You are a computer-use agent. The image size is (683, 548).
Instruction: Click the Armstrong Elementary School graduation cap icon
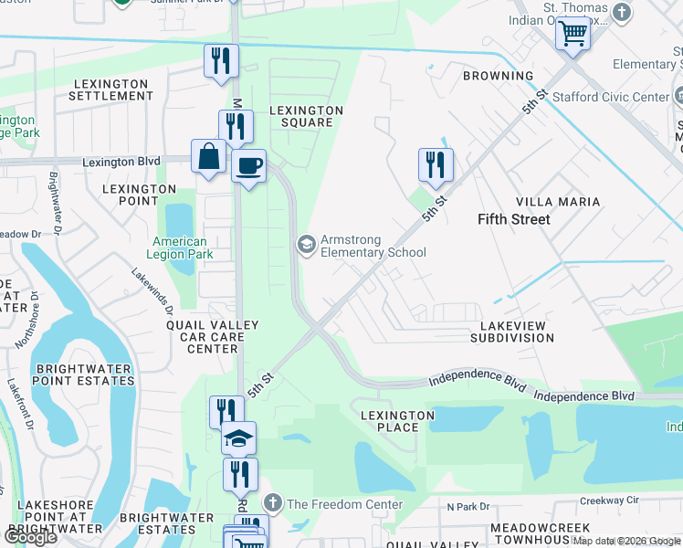[306, 244]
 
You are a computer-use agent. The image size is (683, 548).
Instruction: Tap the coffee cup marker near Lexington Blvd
[248, 165]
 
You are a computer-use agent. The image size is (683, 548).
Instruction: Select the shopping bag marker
[209, 155]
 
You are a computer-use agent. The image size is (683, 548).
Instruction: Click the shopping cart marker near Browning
[573, 34]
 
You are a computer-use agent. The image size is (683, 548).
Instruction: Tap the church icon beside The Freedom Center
[273, 503]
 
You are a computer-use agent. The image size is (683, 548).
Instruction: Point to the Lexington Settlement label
[110, 90]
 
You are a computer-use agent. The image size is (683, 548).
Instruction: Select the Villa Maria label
[558, 201]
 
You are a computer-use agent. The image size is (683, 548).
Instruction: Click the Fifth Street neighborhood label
[514, 219]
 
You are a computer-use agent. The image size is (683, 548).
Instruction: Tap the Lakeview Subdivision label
[511, 332]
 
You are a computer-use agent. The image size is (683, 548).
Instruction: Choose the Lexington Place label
[397, 422]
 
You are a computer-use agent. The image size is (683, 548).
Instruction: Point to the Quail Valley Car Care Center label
[212, 336]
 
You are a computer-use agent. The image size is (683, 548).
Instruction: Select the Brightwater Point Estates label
[84, 374]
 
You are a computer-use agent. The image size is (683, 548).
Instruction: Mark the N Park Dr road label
[468, 506]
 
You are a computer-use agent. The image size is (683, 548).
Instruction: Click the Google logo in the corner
[30, 537]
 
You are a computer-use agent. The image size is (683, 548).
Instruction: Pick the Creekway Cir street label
[611, 501]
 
